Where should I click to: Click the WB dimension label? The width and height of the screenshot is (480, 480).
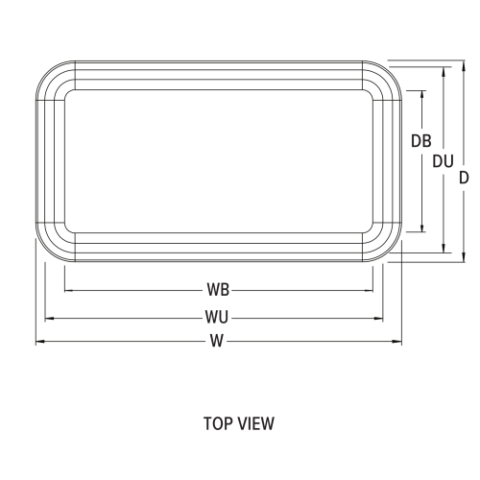[218, 289]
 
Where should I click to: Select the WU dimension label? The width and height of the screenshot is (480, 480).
[218, 315]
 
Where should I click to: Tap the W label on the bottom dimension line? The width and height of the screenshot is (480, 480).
[218, 341]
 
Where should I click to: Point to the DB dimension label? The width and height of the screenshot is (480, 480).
[420, 140]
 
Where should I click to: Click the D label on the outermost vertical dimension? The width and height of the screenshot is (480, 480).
[463, 178]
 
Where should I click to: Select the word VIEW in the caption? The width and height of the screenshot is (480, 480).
[257, 421]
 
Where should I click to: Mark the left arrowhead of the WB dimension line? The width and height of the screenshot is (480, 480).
[67, 289]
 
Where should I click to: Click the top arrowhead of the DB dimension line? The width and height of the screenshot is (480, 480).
[420, 94]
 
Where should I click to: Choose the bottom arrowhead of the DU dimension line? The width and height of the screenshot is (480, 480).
[443, 250]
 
